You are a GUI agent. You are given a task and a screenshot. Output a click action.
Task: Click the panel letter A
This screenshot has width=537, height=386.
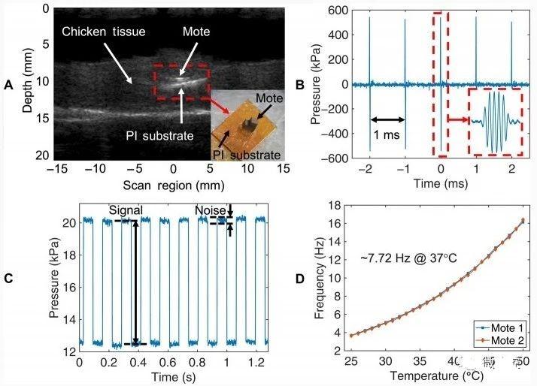(9, 86)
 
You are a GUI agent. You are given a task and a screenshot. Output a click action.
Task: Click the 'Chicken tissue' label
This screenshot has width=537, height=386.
(104, 33)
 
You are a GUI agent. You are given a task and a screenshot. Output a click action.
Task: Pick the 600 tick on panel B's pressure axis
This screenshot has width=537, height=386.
(340, 11)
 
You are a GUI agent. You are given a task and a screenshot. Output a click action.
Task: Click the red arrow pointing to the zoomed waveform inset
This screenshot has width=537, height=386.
(456, 119)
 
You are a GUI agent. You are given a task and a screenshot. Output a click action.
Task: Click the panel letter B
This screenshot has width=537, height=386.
(299, 86)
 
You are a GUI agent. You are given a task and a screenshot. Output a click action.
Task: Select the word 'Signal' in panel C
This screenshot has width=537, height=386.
(125, 210)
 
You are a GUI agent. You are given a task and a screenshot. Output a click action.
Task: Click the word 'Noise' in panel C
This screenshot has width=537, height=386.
(208, 210)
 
